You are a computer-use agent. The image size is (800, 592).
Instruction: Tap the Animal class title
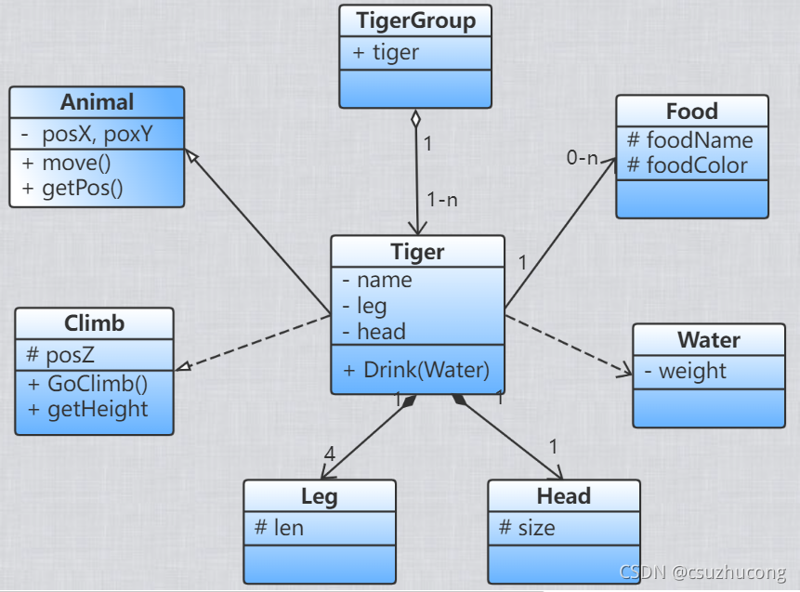(97, 101)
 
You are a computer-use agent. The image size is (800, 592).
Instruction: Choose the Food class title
(692, 112)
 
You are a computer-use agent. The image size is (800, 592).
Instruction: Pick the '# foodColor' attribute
(688, 164)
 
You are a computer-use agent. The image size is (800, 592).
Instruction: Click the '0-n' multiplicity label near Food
(583, 158)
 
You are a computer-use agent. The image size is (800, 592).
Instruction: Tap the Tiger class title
(417, 251)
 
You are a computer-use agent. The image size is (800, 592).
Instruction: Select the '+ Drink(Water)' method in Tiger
(416, 369)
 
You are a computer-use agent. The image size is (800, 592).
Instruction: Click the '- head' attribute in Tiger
(374, 331)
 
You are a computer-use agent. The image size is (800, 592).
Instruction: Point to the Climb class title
(94, 323)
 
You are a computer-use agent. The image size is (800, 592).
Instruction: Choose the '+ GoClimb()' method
(87, 383)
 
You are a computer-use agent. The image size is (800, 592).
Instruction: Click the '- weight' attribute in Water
(685, 371)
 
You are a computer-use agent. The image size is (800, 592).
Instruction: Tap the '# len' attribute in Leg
(279, 528)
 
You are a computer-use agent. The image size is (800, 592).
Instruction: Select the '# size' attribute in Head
(527, 528)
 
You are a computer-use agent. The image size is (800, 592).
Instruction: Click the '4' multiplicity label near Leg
(329, 454)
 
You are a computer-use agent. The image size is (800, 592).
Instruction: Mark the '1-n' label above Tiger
(441, 200)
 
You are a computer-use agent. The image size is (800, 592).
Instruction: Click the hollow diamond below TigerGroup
(416, 119)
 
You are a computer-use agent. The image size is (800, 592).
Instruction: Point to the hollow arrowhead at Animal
(191, 154)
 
